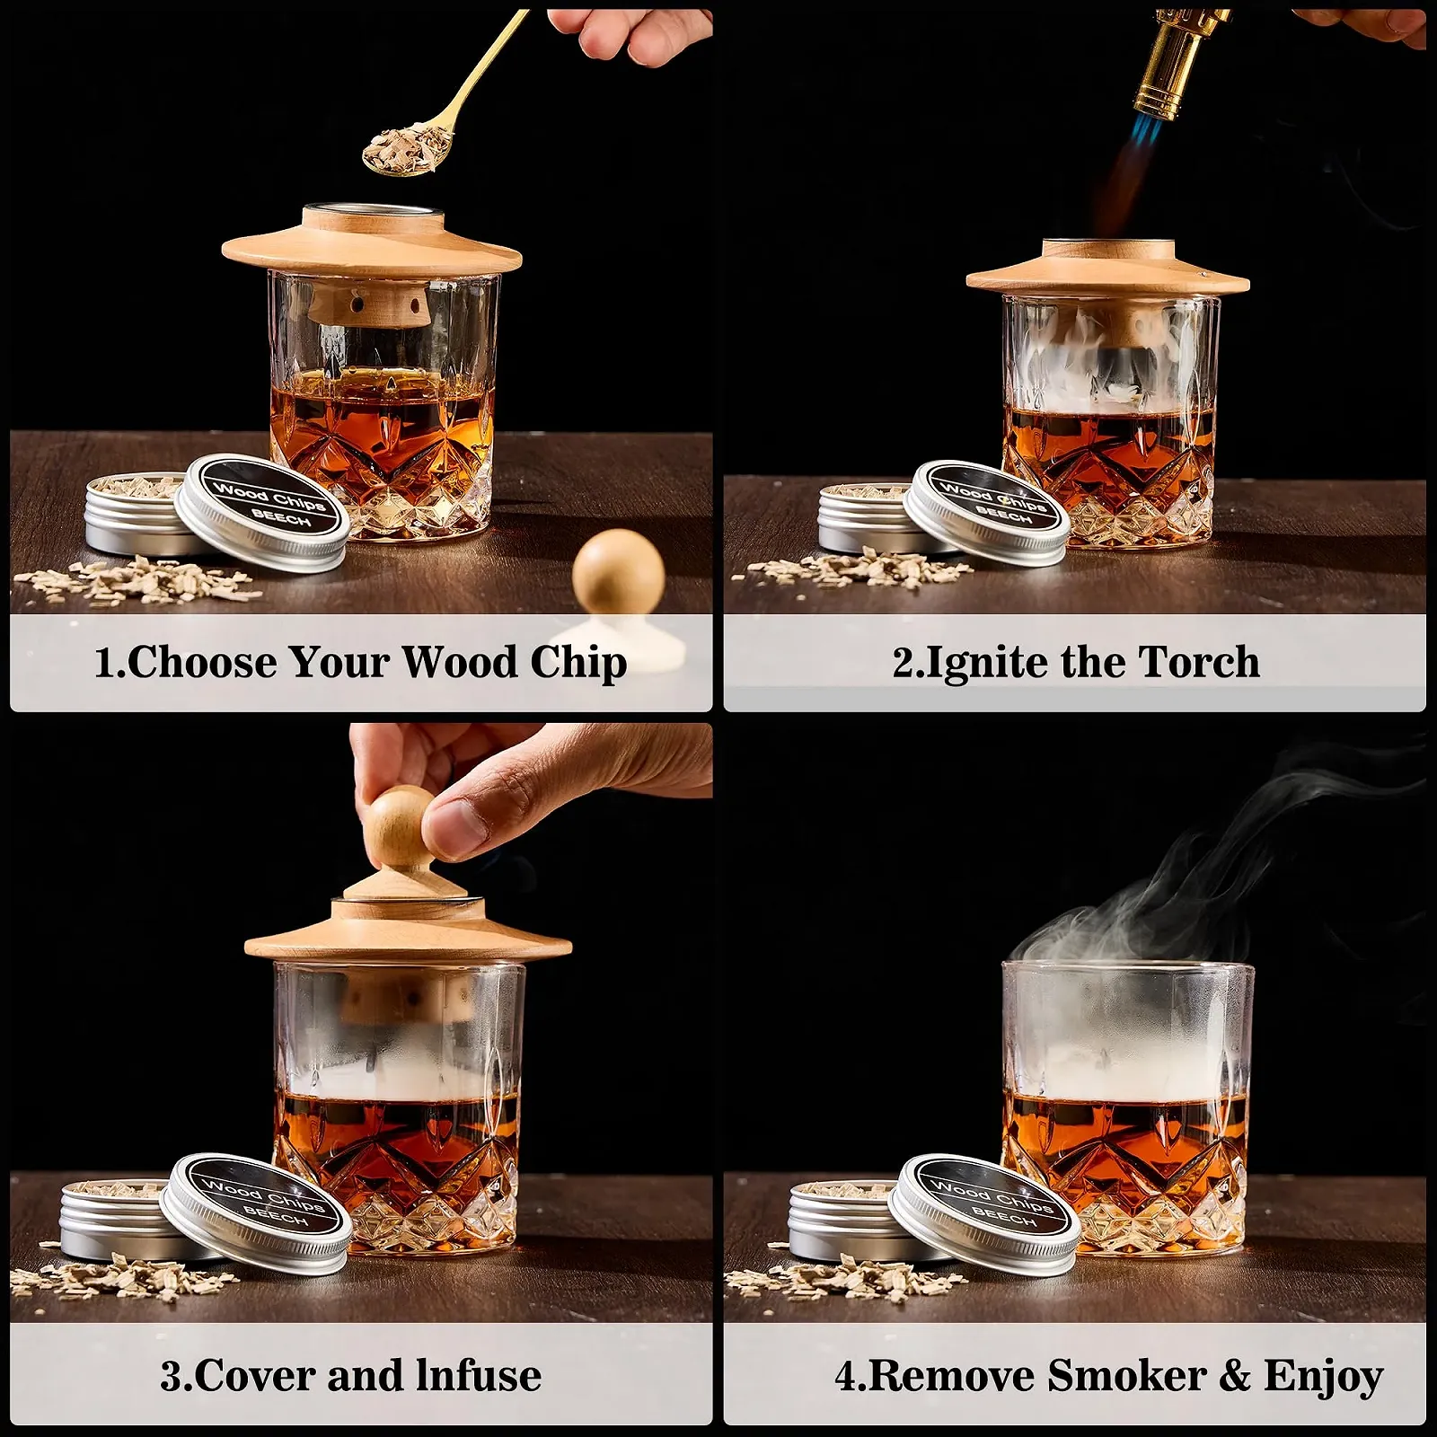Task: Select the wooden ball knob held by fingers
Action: [401, 824]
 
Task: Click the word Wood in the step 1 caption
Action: [459, 663]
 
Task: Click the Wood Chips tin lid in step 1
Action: [261, 513]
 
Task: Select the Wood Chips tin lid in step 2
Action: [986, 513]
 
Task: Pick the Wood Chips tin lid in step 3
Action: [255, 1213]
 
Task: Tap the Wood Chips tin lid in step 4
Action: [985, 1213]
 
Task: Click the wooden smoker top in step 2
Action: [1108, 269]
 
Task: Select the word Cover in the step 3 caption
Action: [253, 1376]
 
